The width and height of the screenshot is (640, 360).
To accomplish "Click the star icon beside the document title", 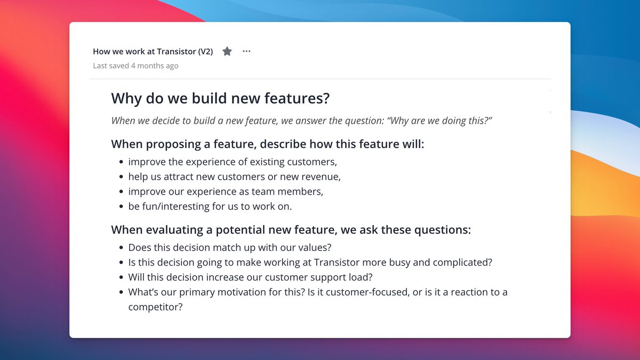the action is (227, 51).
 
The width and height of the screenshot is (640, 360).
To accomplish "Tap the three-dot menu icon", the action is (246, 51).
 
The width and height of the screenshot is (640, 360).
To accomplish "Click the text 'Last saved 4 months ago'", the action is (135, 66).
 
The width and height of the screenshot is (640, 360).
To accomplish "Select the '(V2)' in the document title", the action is (205, 51).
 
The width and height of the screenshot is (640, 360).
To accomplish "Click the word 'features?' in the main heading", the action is (297, 98).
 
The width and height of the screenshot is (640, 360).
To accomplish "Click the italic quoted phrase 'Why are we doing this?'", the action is (440, 121).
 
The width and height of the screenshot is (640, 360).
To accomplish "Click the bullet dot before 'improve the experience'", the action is (121, 162).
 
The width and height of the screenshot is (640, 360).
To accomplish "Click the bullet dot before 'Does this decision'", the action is (121, 247).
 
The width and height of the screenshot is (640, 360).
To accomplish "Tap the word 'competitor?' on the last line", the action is (155, 307).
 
